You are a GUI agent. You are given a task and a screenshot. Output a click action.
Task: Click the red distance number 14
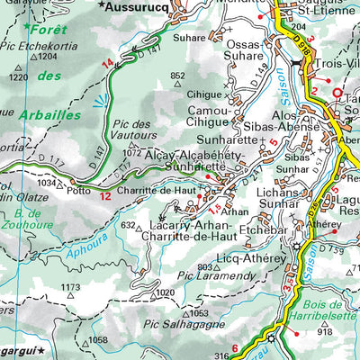click(108, 62)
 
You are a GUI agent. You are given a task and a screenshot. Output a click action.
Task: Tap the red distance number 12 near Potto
click(105, 195)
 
